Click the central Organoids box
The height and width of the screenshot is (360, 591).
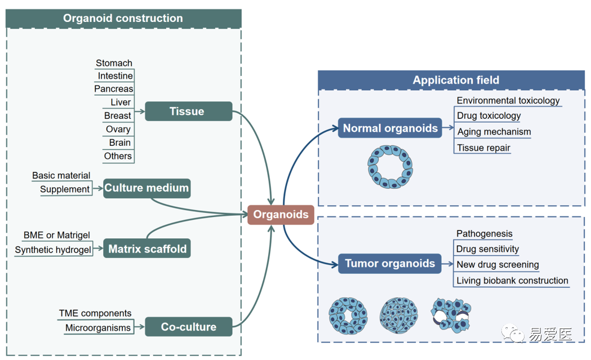(x=281, y=215)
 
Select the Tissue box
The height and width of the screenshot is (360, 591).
(x=188, y=112)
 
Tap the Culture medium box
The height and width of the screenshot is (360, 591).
(x=146, y=188)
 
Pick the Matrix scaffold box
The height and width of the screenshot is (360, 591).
(x=147, y=248)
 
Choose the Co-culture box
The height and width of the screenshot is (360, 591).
(x=188, y=327)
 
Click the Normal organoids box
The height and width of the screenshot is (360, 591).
(x=390, y=128)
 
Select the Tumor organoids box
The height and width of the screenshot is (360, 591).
(x=390, y=263)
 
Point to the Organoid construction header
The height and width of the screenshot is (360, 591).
(x=123, y=18)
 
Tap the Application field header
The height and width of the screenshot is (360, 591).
(x=455, y=80)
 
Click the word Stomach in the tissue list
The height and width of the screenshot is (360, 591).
(x=114, y=63)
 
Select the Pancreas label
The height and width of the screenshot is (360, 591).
(x=114, y=89)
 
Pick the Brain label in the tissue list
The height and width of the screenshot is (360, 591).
(x=120, y=143)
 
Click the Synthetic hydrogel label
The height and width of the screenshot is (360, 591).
(x=53, y=250)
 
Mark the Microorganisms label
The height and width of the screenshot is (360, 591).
(x=98, y=328)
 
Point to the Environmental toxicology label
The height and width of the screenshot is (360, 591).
(x=508, y=100)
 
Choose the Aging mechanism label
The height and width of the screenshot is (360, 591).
(x=494, y=132)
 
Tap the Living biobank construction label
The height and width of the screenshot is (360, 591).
(x=512, y=281)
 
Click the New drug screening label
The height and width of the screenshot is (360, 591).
(x=497, y=265)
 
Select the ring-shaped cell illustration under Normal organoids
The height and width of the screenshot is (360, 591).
(x=390, y=167)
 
